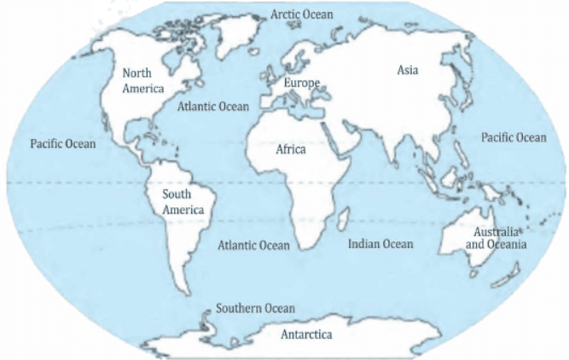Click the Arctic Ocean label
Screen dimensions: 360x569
click(x=301, y=15)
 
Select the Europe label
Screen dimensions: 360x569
click(x=300, y=83)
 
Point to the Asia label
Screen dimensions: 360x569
click(x=408, y=70)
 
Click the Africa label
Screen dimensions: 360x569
click(x=290, y=149)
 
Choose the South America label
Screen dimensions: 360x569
click(x=183, y=201)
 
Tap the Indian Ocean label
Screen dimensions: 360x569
click(x=380, y=244)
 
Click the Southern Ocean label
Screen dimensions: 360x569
click(x=255, y=308)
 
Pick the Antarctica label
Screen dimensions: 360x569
click(x=306, y=334)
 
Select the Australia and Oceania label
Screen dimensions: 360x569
click(x=495, y=238)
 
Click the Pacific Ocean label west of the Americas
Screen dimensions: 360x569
click(x=63, y=143)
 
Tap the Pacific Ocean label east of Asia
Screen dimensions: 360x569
click(x=513, y=137)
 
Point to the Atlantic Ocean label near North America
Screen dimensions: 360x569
click(x=213, y=107)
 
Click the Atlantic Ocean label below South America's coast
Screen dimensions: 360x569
click(x=253, y=245)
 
